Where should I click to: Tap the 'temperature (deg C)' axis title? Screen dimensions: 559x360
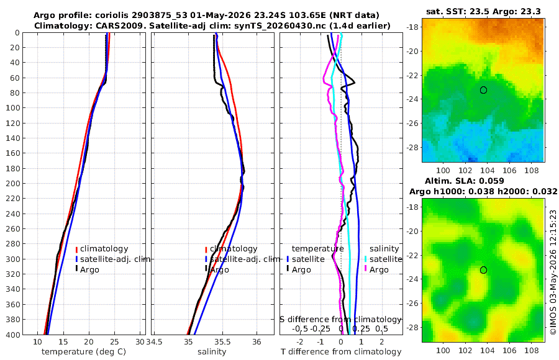[x=84, y=352]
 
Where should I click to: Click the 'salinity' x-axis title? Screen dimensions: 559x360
[x=212, y=352]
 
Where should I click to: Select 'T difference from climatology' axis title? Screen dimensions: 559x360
[x=341, y=352]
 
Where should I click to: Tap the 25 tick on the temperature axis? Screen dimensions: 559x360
[x=114, y=342]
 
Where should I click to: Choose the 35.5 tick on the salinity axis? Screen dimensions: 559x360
[x=222, y=342]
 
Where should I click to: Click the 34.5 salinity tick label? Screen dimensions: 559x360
[x=155, y=342]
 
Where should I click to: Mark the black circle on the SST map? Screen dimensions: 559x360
[x=483, y=90]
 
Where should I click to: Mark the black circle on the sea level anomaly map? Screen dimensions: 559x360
[x=483, y=270]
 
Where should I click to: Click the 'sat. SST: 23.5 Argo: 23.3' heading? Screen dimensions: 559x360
[x=483, y=12]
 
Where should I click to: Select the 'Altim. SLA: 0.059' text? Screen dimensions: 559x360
[x=464, y=181]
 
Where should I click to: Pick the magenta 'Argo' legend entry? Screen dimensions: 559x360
[x=376, y=270]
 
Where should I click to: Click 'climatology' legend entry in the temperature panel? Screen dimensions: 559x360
[x=102, y=249]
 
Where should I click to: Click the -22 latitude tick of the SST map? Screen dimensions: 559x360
[x=412, y=75]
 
